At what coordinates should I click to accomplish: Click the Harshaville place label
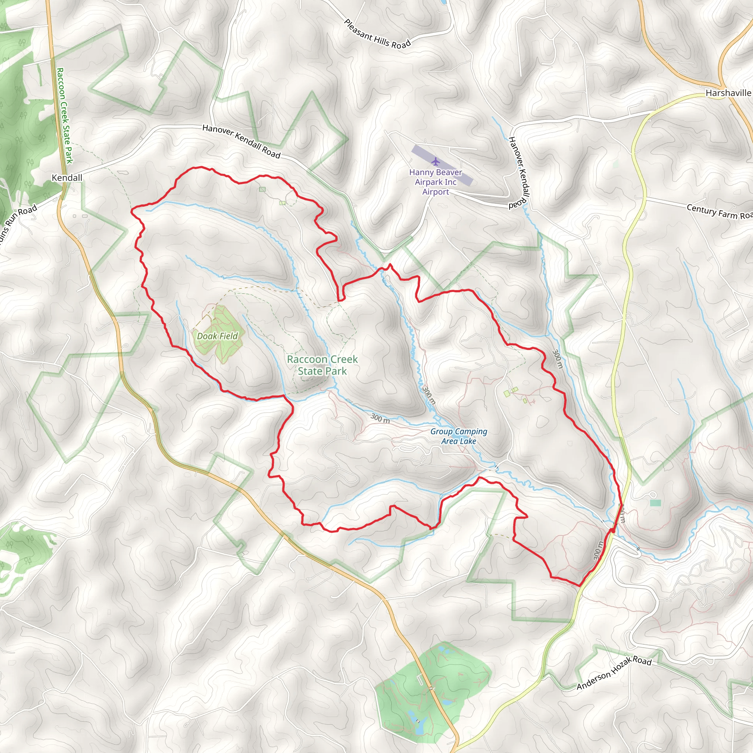point(728,93)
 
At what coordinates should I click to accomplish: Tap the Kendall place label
point(67,178)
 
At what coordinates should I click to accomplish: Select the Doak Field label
point(217,336)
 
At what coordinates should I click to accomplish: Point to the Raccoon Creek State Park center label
point(322,365)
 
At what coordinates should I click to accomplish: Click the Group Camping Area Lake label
point(459,436)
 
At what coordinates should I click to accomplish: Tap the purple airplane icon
point(435,161)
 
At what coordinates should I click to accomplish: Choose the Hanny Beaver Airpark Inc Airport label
point(435,182)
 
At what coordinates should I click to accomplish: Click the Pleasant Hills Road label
point(377,34)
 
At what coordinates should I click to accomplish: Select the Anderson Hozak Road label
point(614,672)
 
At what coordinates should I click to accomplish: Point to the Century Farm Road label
point(719,212)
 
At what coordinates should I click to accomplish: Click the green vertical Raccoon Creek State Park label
point(65,116)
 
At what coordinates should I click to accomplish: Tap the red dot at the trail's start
point(613,531)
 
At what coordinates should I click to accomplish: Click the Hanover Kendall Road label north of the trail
point(241,142)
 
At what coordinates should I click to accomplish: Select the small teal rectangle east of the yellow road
point(655,503)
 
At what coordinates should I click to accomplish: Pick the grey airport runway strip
point(442,165)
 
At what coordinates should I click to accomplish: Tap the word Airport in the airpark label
point(435,192)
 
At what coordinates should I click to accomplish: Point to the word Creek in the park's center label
point(343,359)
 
